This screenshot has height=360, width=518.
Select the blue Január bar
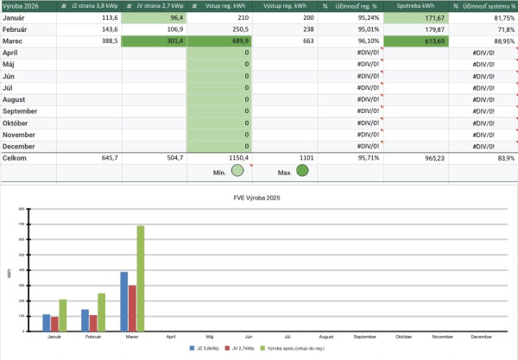coord(47,321)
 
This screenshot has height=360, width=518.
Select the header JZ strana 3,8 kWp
coord(95,5)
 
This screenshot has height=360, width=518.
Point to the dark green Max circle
coord(303,171)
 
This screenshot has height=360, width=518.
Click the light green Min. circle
coord(237,171)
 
